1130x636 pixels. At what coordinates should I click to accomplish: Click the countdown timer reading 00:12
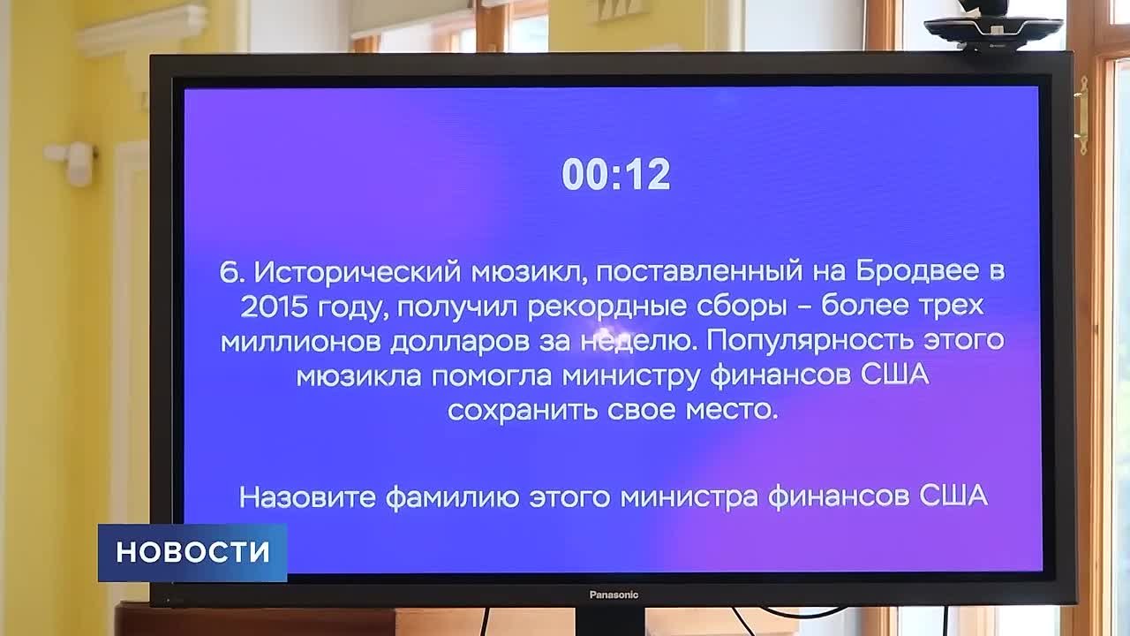[x=616, y=174]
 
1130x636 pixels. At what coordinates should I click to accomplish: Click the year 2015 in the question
[x=274, y=307]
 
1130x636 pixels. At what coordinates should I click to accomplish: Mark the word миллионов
[x=301, y=342]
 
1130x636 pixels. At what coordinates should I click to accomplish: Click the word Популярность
[x=810, y=341]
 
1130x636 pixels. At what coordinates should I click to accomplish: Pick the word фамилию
[x=452, y=498]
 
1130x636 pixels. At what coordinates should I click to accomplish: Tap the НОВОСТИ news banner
[x=192, y=553]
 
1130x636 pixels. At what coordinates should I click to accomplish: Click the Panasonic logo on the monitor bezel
[x=614, y=595]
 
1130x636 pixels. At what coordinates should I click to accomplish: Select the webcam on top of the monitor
[x=993, y=26]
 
